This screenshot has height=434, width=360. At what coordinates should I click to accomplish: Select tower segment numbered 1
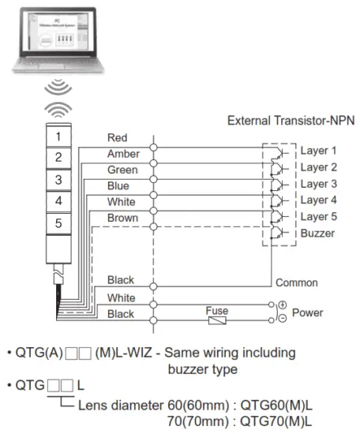click(58, 135)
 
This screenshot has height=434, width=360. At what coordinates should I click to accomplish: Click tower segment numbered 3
click(58, 179)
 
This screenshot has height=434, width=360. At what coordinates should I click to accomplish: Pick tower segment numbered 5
click(58, 224)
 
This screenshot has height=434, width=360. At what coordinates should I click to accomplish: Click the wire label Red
click(117, 138)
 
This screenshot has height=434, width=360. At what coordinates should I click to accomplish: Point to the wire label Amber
click(122, 154)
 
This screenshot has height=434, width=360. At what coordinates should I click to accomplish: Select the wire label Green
click(122, 170)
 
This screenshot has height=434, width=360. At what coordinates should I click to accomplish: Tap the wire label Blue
click(118, 186)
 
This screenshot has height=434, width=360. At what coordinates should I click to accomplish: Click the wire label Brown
click(122, 218)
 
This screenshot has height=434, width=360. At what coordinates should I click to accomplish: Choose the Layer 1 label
click(318, 150)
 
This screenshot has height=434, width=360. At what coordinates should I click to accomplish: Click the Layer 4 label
click(318, 200)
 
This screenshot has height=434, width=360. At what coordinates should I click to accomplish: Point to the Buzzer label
click(317, 233)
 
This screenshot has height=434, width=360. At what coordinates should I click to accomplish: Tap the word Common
click(296, 282)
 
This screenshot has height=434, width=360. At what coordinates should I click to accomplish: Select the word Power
click(307, 312)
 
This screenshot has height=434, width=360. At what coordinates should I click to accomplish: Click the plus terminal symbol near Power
click(282, 305)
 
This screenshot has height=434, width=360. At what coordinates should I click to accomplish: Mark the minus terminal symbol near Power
click(282, 320)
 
